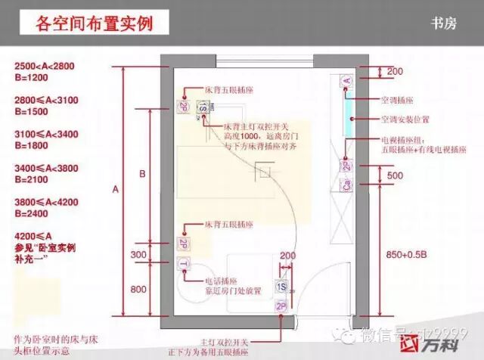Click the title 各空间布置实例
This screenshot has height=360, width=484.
point(94,23)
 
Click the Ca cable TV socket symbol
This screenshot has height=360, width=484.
point(347,184)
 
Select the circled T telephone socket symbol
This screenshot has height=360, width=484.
point(184,263)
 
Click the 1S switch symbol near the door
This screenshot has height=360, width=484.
point(281,287)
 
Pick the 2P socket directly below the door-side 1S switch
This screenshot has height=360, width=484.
point(281,306)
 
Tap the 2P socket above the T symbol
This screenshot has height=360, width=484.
point(184,244)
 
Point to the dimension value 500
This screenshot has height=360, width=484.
point(394,175)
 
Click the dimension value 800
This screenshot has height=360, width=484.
point(138,288)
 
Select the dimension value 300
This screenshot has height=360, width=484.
point(138,255)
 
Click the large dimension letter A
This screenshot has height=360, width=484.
point(116,190)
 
